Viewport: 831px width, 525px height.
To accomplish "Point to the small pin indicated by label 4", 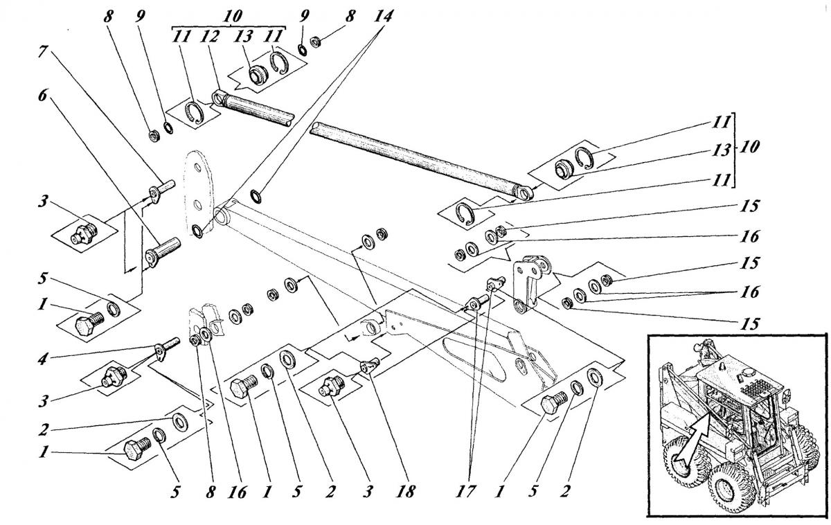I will [167, 346].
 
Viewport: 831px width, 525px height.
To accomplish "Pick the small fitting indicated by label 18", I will [367, 364].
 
